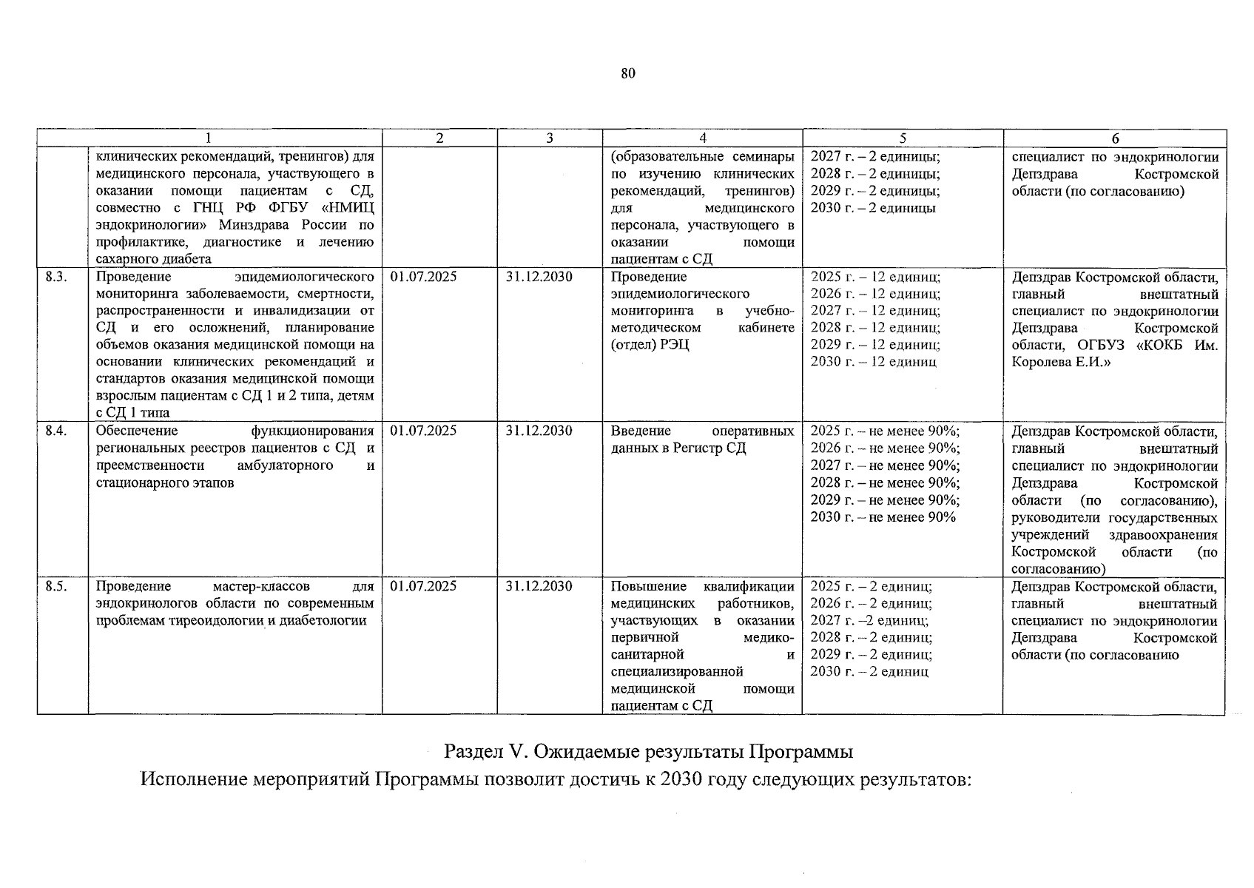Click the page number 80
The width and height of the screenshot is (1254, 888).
pyautogui.click(x=628, y=73)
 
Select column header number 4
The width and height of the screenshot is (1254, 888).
pyautogui.click(x=702, y=138)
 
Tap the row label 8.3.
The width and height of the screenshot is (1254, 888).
pyautogui.click(x=56, y=277)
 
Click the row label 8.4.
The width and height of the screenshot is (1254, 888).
pyautogui.click(x=56, y=431)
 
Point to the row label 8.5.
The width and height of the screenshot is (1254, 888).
pyautogui.click(x=56, y=586)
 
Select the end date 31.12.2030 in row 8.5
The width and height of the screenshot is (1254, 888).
pyautogui.click(x=539, y=586)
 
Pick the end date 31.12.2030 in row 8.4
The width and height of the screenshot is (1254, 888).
pyautogui.click(x=539, y=431)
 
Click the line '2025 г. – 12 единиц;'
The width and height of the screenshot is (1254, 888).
pyautogui.click(x=875, y=277)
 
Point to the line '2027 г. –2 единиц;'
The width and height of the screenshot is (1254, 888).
pyautogui.click(x=869, y=620)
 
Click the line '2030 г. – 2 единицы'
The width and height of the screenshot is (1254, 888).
pyautogui.click(x=873, y=208)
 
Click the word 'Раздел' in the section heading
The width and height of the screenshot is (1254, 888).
pyautogui.click(x=472, y=752)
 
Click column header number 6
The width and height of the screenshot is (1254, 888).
pyautogui.click(x=1115, y=138)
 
